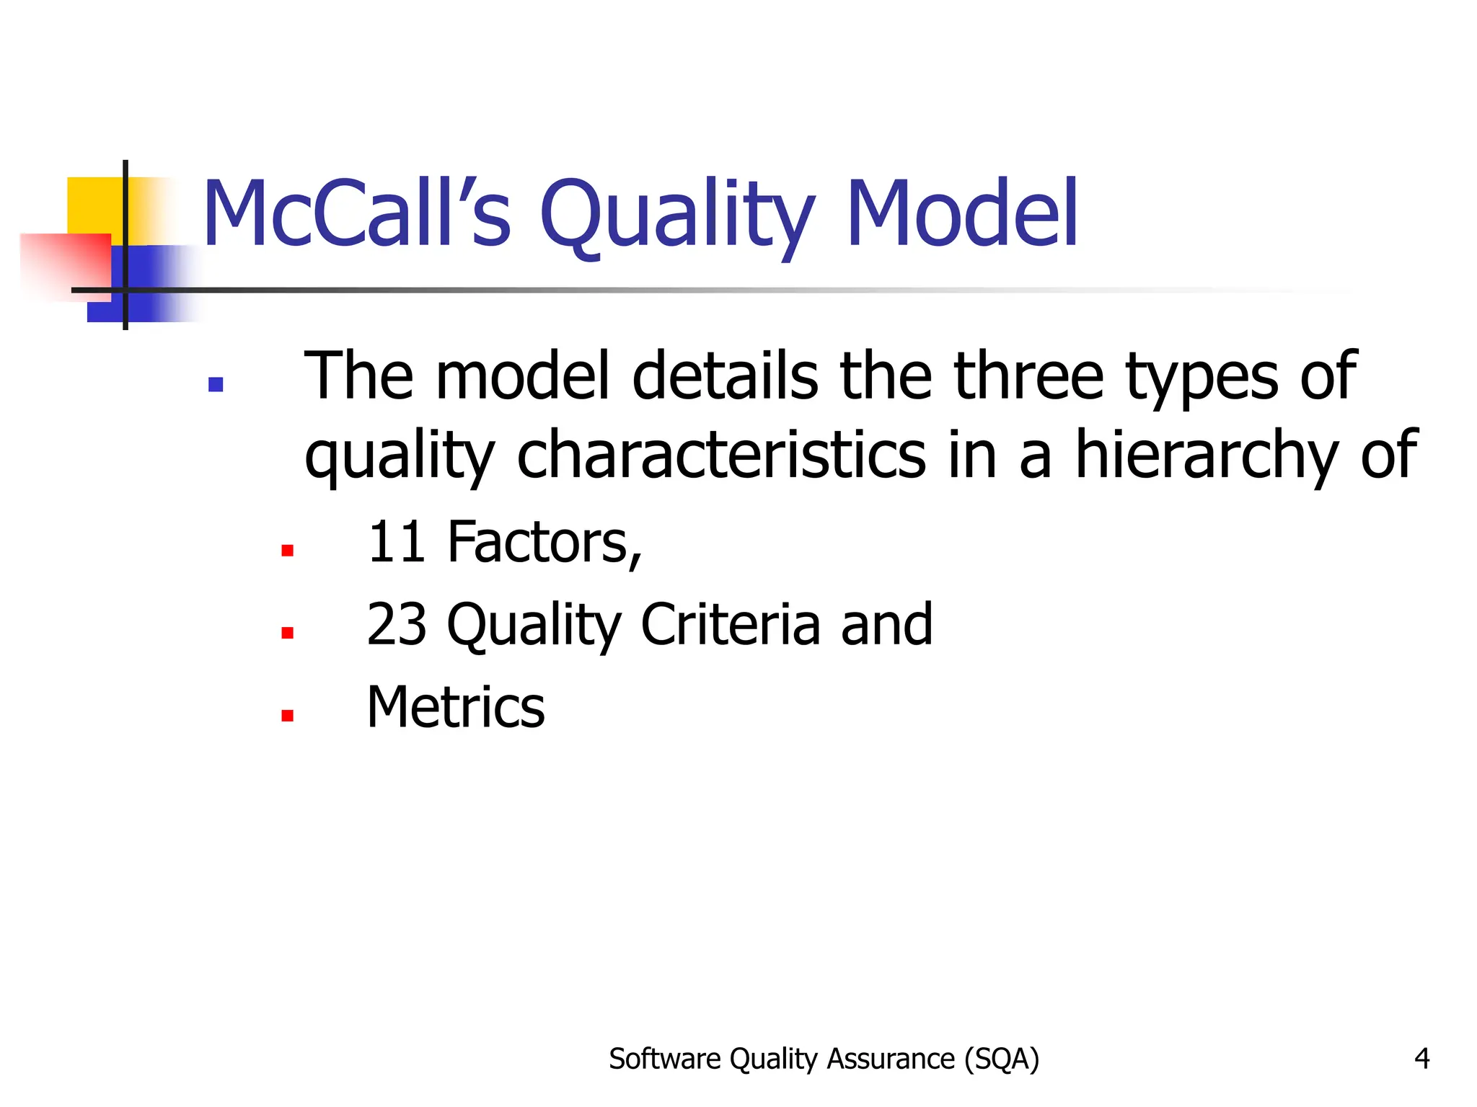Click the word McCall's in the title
click(x=357, y=214)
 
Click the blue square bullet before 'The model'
click(x=215, y=384)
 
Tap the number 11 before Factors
click(x=395, y=542)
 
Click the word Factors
click(x=544, y=543)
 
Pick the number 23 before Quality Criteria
click(x=395, y=624)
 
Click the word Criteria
click(x=730, y=624)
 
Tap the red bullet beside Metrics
click(x=287, y=716)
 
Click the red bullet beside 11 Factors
click(x=287, y=551)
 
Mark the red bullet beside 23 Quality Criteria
click(x=287, y=633)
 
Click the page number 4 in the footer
click(x=1421, y=1059)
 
